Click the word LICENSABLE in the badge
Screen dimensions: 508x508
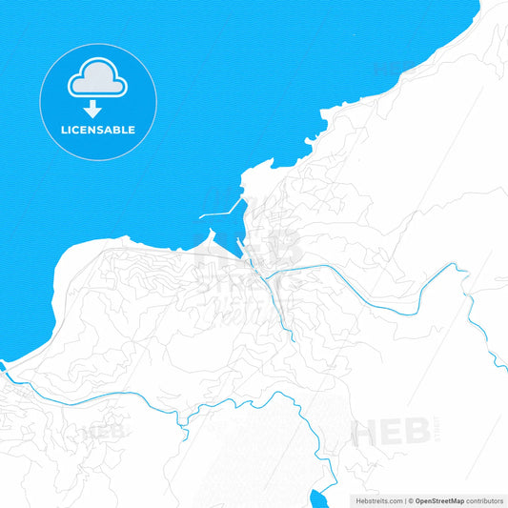(99, 130)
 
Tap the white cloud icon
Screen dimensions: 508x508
(98, 82)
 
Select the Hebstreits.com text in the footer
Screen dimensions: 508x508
(375, 500)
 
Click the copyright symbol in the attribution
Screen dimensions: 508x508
(410, 500)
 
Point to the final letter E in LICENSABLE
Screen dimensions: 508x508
(132, 130)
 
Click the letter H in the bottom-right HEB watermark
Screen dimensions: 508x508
(365, 432)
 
